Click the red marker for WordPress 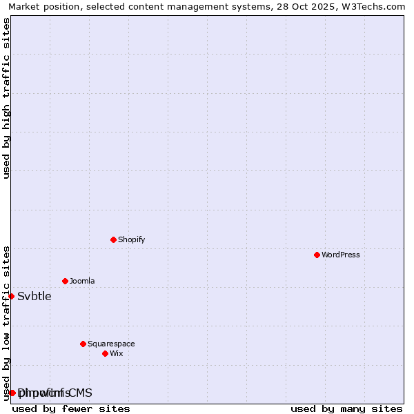tap(317, 255)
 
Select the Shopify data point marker tap(113, 239)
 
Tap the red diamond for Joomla tap(65, 281)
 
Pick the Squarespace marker tap(83, 344)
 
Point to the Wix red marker tap(105, 353)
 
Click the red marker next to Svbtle tap(11, 296)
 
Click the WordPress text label tap(341, 255)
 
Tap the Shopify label tap(131, 239)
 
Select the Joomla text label tap(82, 281)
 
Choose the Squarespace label tap(111, 344)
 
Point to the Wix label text tap(117, 353)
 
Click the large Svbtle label tap(34, 296)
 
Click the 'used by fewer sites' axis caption tap(71, 408)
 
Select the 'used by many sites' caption tap(346, 408)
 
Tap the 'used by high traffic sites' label tap(6, 98)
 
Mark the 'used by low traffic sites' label tap(6, 323)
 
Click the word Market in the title tap(23, 6)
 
